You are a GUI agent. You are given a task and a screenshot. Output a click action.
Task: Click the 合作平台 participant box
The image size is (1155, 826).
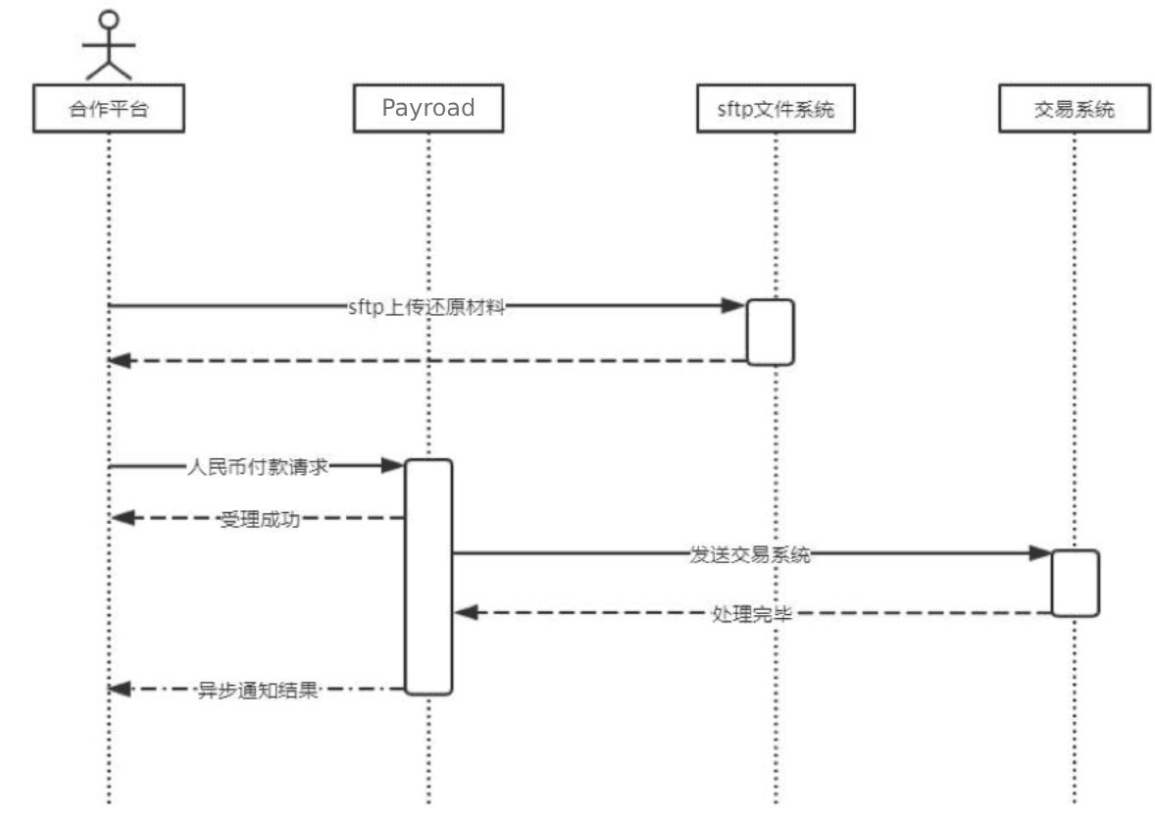(108, 109)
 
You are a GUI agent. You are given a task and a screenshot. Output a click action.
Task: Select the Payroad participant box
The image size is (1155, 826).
(428, 109)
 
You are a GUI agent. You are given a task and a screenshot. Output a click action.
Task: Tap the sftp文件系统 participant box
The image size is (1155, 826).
(775, 109)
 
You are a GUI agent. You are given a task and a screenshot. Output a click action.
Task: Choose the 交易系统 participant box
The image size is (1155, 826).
(1075, 109)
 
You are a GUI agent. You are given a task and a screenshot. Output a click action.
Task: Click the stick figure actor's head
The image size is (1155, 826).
(109, 20)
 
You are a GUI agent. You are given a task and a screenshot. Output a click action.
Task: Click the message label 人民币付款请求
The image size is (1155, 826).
(257, 468)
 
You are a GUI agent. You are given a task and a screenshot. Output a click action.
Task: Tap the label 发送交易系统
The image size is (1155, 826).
(750, 554)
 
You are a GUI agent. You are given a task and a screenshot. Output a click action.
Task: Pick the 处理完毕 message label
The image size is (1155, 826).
(752, 614)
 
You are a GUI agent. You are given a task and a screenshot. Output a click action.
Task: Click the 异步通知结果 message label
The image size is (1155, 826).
(258, 690)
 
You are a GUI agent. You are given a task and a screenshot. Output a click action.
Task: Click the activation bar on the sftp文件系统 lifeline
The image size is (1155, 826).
(770, 333)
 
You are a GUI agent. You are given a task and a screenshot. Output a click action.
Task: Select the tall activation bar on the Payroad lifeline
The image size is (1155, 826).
(428, 577)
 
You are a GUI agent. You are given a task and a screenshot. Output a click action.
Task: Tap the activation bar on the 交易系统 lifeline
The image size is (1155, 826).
(1075, 583)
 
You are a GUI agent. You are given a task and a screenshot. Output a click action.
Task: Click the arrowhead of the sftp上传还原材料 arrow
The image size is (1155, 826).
(734, 306)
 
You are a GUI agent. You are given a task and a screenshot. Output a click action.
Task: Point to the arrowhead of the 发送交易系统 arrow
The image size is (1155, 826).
(1040, 553)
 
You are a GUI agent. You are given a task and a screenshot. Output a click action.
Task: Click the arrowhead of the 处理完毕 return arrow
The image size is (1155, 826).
(466, 613)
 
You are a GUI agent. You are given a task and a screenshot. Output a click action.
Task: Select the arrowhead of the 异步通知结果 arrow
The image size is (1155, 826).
(120, 690)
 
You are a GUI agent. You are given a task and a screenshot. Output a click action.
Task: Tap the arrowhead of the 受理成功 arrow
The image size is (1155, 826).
(120, 518)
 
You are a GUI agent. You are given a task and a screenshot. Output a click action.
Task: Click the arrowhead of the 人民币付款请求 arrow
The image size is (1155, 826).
(394, 467)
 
